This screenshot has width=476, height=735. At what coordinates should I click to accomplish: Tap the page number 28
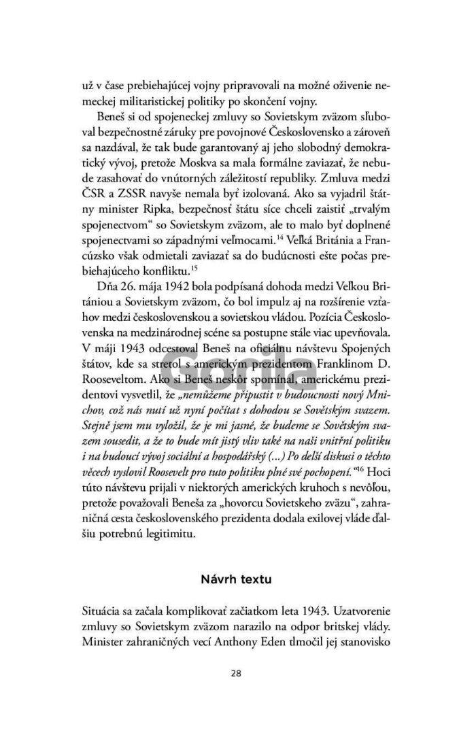coord(236,673)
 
